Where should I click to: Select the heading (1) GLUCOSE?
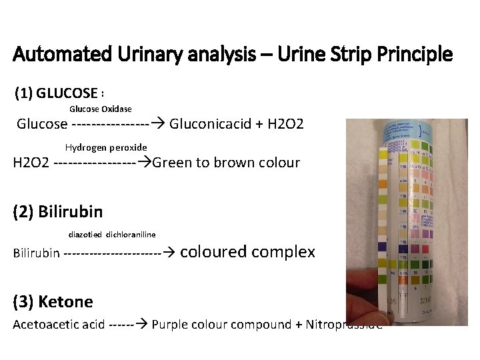click(57, 93)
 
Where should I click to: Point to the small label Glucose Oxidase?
click(101, 109)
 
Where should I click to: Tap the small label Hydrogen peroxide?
click(106, 147)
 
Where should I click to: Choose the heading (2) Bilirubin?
click(58, 212)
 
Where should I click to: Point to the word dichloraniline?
click(131, 235)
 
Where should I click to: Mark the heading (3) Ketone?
click(53, 302)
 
